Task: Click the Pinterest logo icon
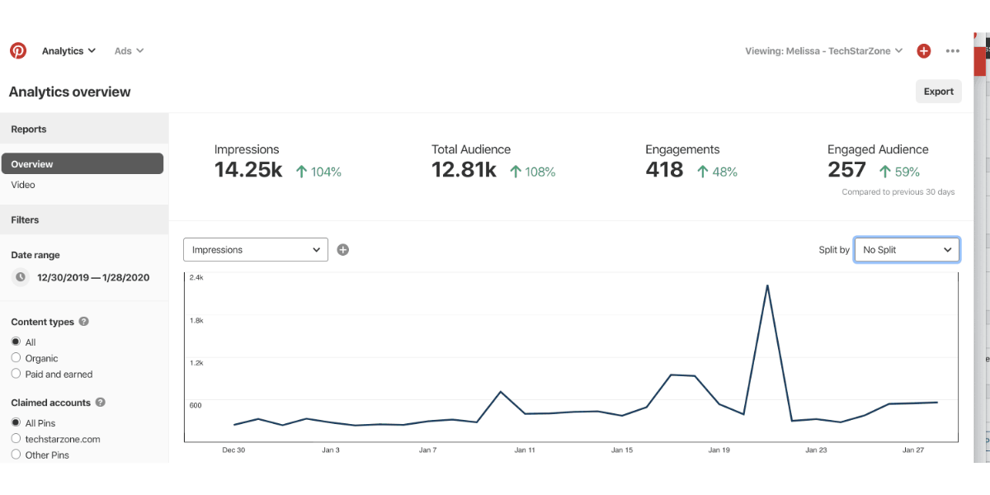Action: (18, 51)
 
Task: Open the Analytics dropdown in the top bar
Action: (69, 51)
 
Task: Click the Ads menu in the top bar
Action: (129, 51)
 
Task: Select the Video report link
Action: (23, 185)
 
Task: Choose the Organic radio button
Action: (16, 358)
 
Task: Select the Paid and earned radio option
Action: (16, 374)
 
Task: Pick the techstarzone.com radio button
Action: (16, 439)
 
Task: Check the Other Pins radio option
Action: (16, 455)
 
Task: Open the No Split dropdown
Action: (907, 250)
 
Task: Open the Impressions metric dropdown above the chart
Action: (256, 250)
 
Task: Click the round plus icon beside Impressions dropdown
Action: (343, 250)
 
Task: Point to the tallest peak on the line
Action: (768, 286)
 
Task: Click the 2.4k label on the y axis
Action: (196, 278)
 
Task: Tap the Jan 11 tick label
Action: (525, 450)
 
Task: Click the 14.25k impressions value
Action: (248, 170)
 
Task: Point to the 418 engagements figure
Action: (664, 170)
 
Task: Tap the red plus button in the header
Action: (924, 51)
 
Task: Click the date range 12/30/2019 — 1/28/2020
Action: (93, 277)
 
